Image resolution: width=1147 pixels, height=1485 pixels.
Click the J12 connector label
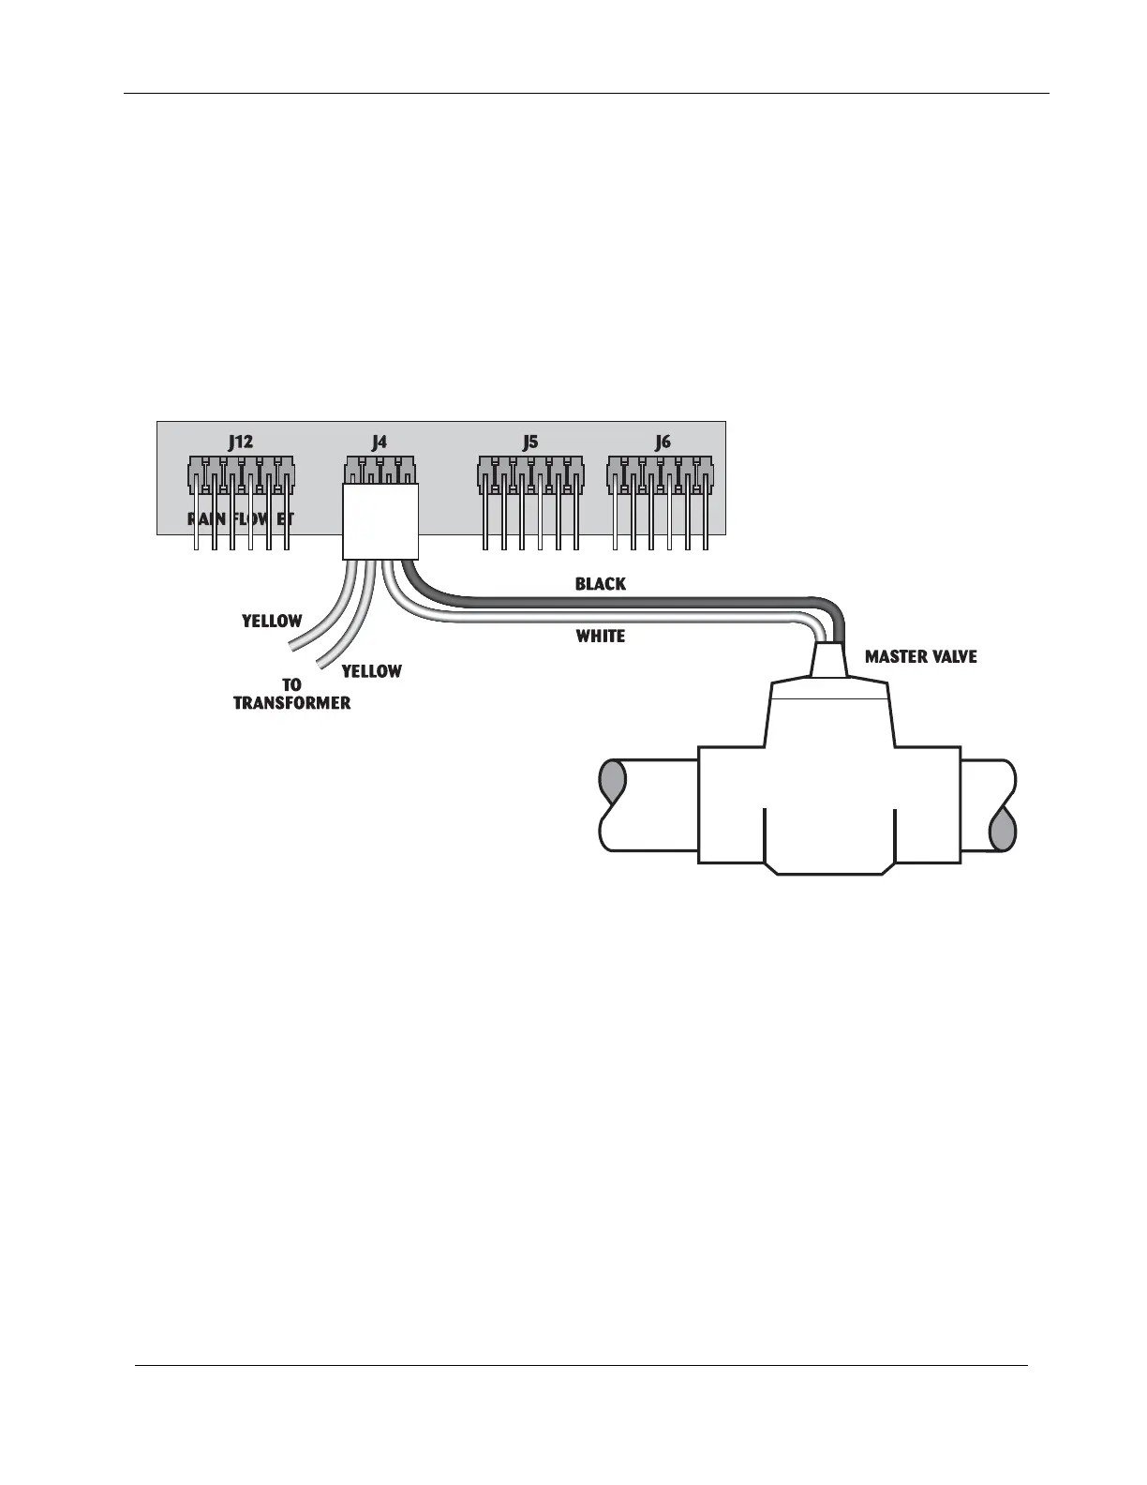pyautogui.click(x=240, y=442)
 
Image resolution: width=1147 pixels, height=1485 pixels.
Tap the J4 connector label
pyautogui.click(x=379, y=442)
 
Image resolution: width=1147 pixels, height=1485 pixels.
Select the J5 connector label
pyautogui.click(x=530, y=442)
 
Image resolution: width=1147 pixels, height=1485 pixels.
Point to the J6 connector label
pyautogui.click(x=663, y=442)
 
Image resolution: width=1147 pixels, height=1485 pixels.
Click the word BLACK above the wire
pyautogui.click(x=600, y=584)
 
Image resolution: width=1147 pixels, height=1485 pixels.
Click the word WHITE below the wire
pyautogui.click(x=600, y=637)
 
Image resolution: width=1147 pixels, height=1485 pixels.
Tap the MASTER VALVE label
pyautogui.click(x=920, y=657)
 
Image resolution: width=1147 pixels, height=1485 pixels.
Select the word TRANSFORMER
pyautogui.click(x=291, y=703)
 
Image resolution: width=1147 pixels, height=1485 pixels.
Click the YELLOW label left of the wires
pyautogui.click(x=272, y=621)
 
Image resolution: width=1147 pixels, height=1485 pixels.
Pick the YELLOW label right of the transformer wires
pyautogui.click(x=371, y=671)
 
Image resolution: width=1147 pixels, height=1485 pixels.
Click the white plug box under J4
pyautogui.click(x=380, y=521)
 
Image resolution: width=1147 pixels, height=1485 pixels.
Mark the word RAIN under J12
pyautogui.click(x=206, y=518)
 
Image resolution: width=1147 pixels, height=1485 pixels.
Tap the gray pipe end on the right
pyautogui.click(x=1003, y=830)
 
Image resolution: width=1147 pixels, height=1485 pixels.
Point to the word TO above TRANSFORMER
pyautogui.click(x=291, y=685)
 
